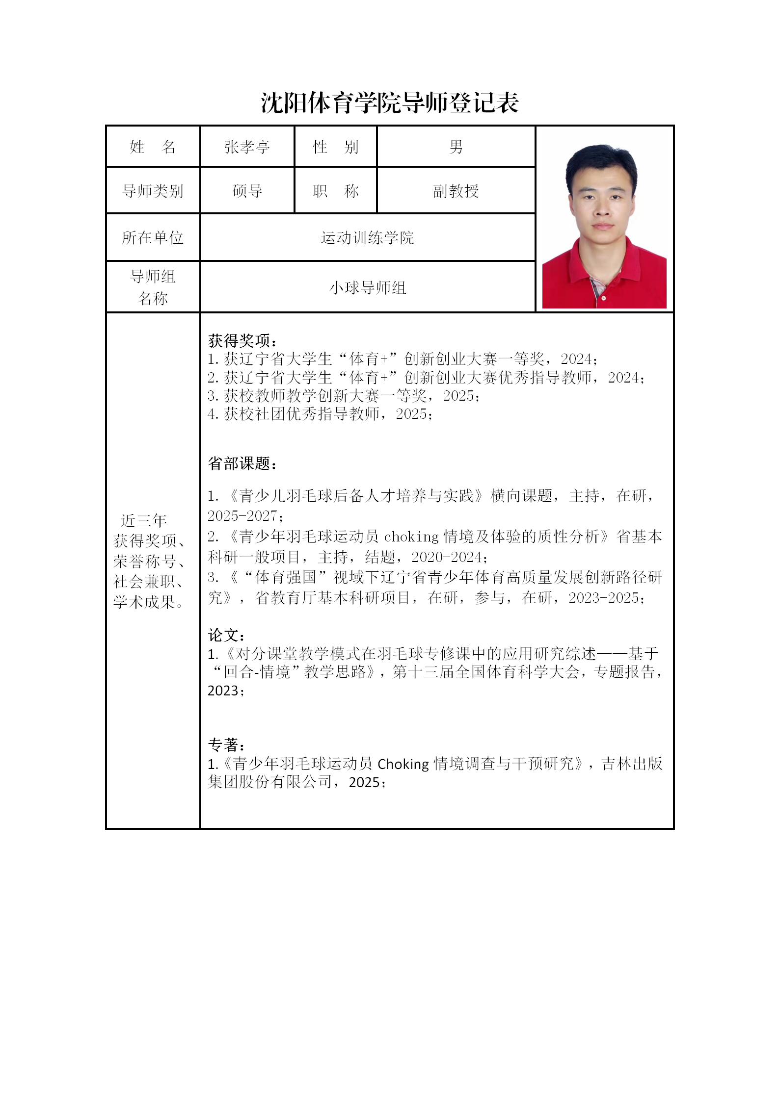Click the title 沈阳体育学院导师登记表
click(x=390, y=103)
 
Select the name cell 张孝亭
click(x=247, y=147)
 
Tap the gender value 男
click(x=456, y=147)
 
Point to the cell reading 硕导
click(x=247, y=191)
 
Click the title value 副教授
click(x=456, y=191)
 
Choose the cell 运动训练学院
click(x=367, y=238)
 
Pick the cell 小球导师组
click(x=367, y=287)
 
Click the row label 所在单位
click(x=153, y=238)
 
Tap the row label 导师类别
click(x=153, y=191)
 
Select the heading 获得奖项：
click(x=242, y=340)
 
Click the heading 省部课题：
click(x=242, y=463)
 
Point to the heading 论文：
click(x=226, y=635)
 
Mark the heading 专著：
click(x=226, y=745)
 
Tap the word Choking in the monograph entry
click(x=403, y=764)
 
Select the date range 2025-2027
click(x=242, y=516)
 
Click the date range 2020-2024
click(x=447, y=557)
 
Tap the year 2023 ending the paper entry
click(x=223, y=691)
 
